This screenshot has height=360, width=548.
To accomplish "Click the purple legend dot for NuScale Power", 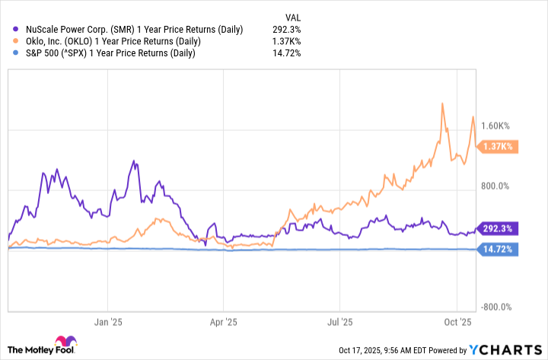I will (17, 30).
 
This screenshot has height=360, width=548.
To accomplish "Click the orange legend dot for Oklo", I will (17, 41).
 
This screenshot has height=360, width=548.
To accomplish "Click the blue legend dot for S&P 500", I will (17, 53).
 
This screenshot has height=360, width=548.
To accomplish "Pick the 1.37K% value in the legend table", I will (287, 41).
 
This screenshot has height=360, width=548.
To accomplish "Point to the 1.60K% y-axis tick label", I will (500, 126).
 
